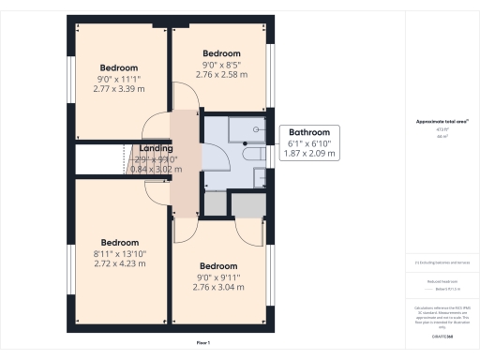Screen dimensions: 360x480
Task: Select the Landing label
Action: tap(156, 148)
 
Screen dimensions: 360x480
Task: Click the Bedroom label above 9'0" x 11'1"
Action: tap(119, 68)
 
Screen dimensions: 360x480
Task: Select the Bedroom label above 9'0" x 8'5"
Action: tap(222, 53)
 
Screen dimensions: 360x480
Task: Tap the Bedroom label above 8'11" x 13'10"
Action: tap(120, 242)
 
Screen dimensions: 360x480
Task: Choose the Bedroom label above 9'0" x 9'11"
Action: tap(218, 265)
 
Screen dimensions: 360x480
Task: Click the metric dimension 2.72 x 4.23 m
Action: tap(120, 264)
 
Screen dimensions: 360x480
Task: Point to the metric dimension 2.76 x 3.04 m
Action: tap(218, 287)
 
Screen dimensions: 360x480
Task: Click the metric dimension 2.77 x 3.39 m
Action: tap(119, 90)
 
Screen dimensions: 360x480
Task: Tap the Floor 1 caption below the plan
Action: tap(202, 343)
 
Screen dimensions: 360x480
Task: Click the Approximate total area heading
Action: tap(441, 123)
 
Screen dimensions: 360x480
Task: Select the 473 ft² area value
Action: tap(441, 130)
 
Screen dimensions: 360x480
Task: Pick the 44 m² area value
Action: tap(441, 137)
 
